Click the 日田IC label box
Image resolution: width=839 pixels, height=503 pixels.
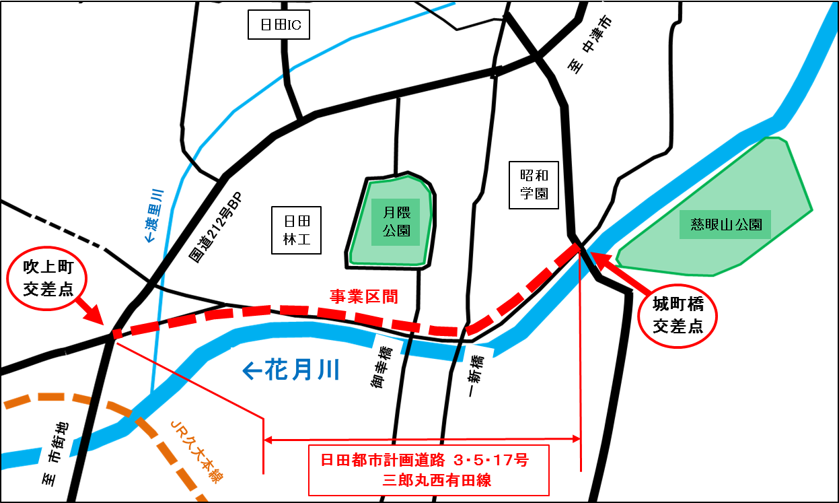point(279,26)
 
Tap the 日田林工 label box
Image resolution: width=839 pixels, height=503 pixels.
point(297,230)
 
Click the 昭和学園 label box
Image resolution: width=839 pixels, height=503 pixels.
point(534,185)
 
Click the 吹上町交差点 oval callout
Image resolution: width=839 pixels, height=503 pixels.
point(47,279)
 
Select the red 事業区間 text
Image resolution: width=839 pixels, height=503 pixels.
point(363,296)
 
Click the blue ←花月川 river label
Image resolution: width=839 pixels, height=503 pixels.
point(291,370)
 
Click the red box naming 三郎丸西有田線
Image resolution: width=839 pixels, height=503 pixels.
point(429,469)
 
